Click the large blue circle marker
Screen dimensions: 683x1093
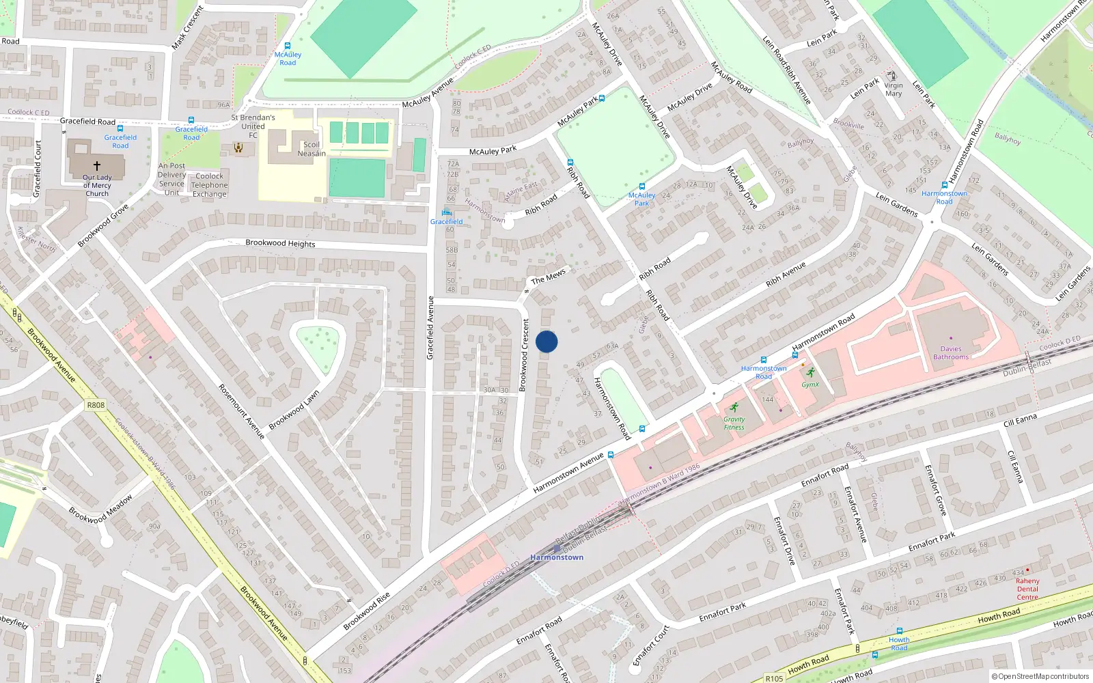coord(546,341)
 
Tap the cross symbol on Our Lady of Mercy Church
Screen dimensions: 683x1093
coord(97,166)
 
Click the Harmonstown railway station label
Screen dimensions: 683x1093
coord(557,557)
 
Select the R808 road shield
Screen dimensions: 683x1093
coord(96,405)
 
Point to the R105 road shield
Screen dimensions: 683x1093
coord(774,678)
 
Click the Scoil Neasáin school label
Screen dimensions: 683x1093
coord(312,149)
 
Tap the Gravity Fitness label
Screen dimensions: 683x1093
coord(734,423)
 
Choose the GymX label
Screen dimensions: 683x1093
coord(810,385)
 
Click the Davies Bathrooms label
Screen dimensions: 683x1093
coord(951,352)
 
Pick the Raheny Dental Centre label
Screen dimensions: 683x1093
coord(1027,589)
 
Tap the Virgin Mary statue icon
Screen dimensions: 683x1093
coord(891,75)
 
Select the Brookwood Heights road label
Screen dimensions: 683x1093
coord(280,243)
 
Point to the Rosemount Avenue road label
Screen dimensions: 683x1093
coord(241,411)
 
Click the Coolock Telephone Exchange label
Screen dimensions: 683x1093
coord(210,185)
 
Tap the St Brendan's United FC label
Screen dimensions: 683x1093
coord(253,126)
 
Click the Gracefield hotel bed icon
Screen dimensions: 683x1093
coord(447,212)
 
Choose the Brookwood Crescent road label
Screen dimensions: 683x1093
coord(524,355)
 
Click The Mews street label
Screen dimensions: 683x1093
coord(549,277)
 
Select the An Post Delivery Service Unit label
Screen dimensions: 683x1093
coord(171,179)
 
